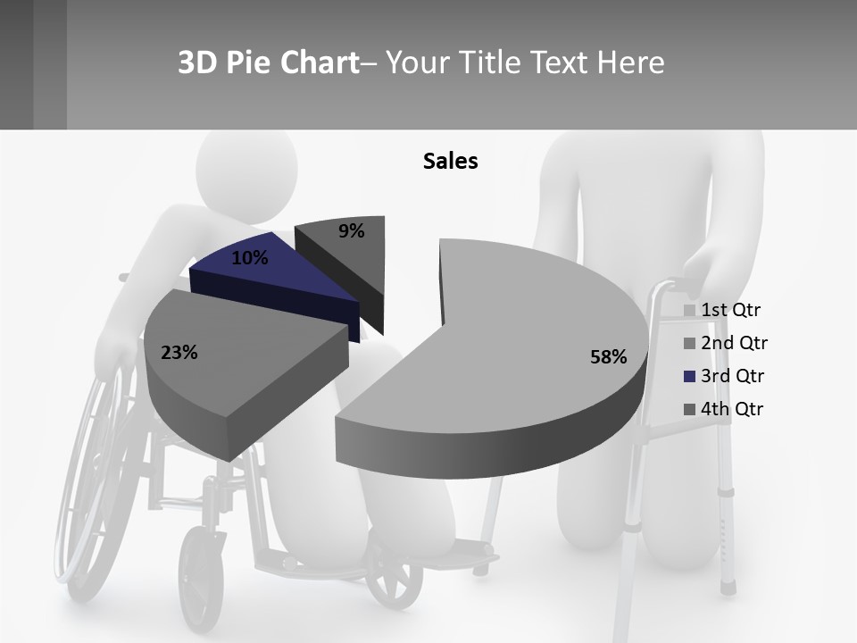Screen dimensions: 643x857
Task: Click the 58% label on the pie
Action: point(608,357)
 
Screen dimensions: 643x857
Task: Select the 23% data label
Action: point(179,353)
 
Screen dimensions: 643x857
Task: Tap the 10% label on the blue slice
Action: point(249,258)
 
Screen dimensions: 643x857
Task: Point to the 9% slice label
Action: point(352,231)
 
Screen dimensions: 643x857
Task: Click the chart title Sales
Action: point(451,161)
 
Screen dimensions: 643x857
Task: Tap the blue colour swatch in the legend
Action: point(689,377)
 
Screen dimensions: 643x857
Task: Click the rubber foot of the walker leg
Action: point(728,585)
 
